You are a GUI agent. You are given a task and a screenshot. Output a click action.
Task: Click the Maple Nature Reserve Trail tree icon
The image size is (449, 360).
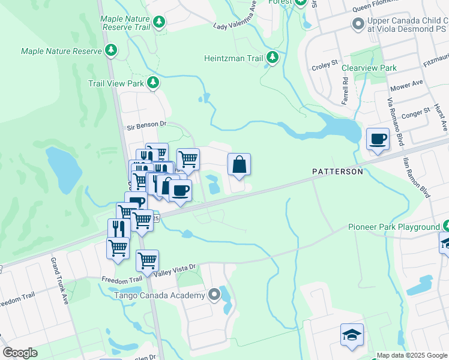pos(159,23)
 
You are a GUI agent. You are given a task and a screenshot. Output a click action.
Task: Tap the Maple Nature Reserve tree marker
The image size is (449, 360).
pos(111,51)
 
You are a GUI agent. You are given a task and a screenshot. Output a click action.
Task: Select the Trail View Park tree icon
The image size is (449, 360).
pos(153,83)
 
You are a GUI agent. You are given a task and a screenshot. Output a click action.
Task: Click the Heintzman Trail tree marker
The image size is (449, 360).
pos(273,58)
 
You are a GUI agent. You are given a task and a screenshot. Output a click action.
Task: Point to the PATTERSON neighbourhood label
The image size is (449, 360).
pos(337,172)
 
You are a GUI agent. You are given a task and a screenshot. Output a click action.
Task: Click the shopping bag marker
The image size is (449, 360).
pos(239,164)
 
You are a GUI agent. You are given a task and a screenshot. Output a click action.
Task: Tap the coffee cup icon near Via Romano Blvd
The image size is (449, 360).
pos(378,140)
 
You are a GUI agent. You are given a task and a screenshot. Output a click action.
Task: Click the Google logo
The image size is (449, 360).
pos(20,353)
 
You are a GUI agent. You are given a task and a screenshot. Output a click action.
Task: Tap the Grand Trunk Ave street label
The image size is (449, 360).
pos(61,280)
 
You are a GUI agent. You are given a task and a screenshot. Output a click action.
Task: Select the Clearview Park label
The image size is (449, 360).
pos(369,68)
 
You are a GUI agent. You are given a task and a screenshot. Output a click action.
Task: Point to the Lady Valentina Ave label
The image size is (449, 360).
pos(237,22)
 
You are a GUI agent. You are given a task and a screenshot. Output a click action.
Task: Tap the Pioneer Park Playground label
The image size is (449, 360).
pos(394,227)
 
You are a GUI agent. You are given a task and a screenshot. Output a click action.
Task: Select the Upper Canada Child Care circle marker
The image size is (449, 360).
pos(358,24)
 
